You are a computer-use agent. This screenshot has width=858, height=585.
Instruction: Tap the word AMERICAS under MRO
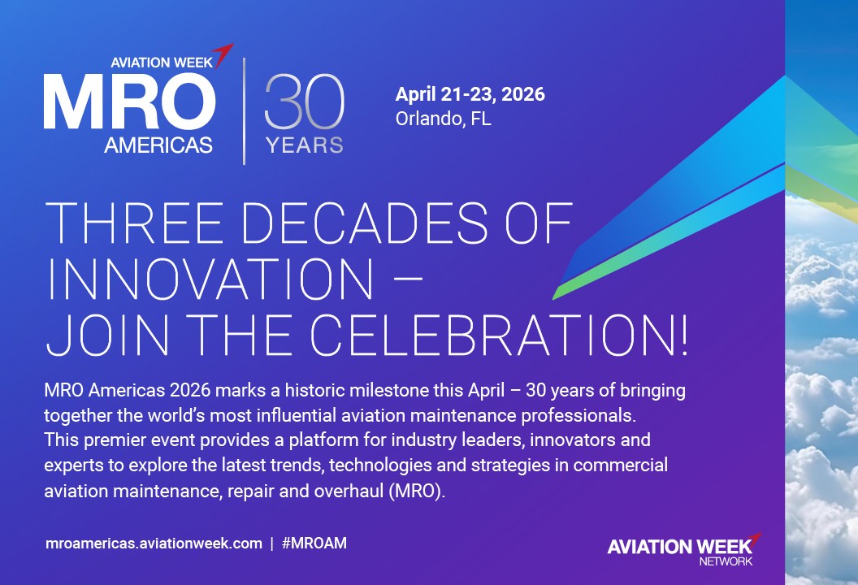(x=158, y=145)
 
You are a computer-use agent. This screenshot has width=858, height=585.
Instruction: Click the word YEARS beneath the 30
(x=305, y=146)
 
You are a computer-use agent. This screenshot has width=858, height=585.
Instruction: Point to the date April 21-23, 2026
(x=470, y=94)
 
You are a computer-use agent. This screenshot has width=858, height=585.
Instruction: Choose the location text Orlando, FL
(x=444, y=119)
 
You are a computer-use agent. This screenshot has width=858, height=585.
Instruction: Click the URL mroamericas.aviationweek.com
(x=154, y=544)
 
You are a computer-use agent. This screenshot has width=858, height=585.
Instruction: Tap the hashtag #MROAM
(x=314, y=544)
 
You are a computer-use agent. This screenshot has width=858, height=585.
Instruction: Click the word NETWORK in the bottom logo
(x=726, y=561)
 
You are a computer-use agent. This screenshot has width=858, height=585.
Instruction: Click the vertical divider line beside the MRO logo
(x=245, y=110)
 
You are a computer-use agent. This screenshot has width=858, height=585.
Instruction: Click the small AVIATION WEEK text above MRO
(x=161, y=62)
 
